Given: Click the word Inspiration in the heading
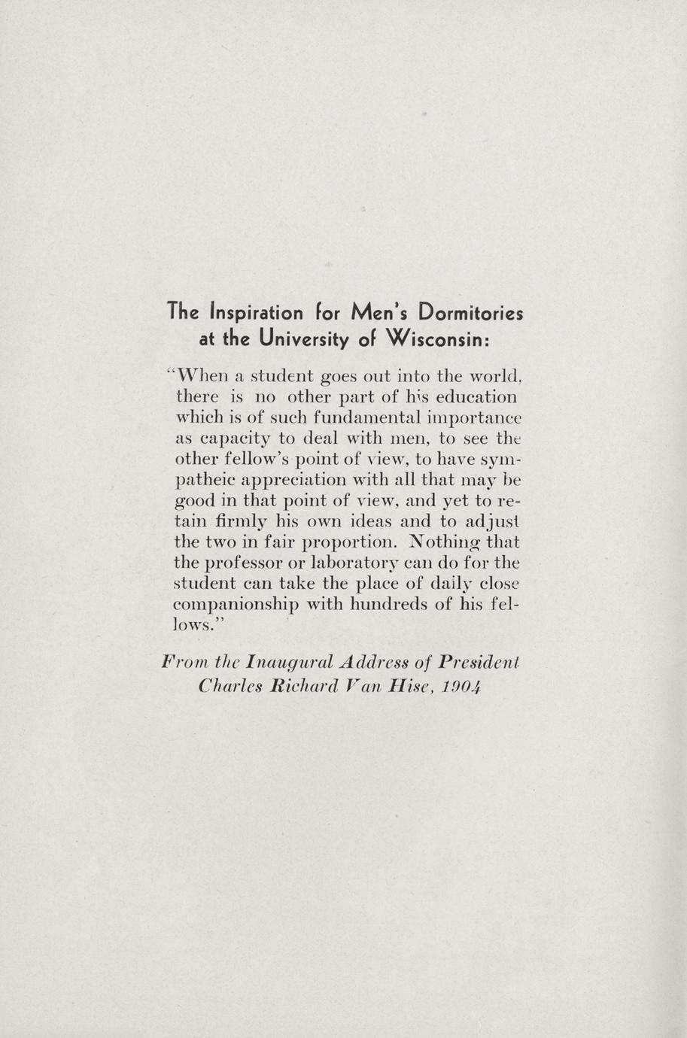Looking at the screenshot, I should click(x=257, y=311).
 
